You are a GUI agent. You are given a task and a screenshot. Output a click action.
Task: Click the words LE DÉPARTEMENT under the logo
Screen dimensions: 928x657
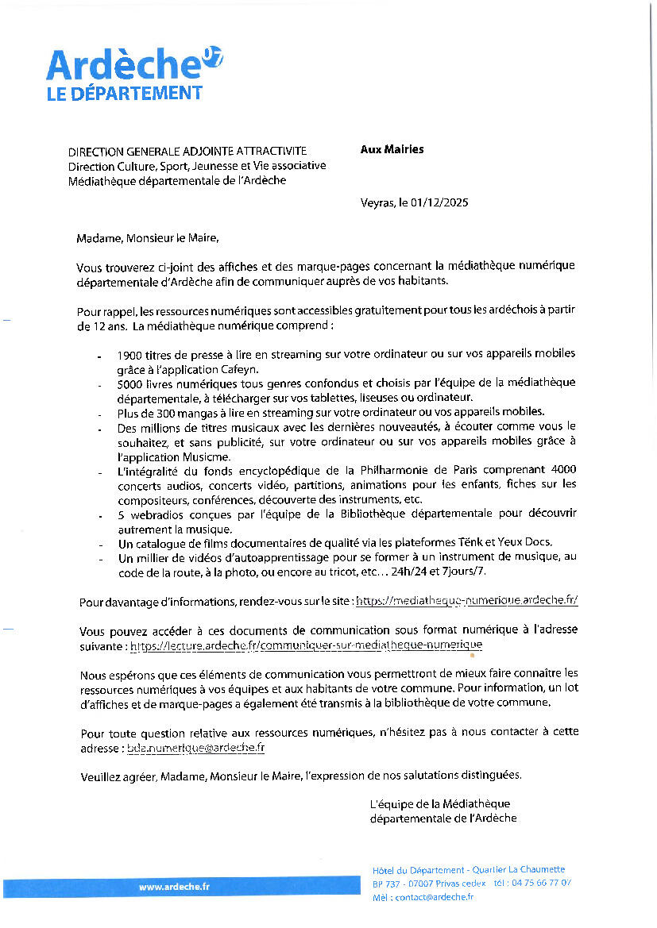coord(124,93)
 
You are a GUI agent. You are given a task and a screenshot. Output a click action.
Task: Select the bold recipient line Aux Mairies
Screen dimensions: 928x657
coord(392,149)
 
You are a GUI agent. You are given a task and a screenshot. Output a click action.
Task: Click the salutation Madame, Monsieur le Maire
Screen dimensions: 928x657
coord(147,237)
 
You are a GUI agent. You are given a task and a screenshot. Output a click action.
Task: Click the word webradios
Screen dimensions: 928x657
coord(157,514)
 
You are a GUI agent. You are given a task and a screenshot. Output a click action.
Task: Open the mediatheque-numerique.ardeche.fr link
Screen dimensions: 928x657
coord(466,601)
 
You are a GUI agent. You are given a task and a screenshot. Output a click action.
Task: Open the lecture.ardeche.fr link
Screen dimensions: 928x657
coord(306,645)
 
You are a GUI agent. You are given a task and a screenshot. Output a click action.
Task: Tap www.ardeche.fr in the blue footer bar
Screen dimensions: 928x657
coord(174,887)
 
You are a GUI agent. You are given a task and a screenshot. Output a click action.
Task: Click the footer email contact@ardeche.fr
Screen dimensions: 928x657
coord(434,897)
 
